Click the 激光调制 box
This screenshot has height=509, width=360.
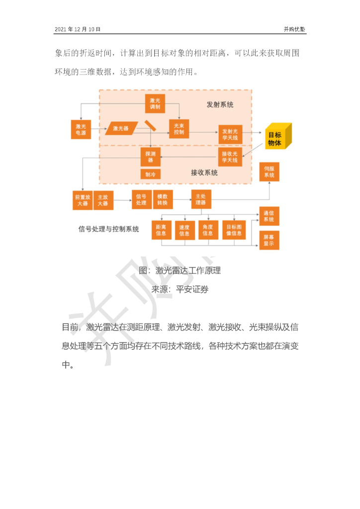(x=155, y=103)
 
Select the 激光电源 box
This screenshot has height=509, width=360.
(x=81, y=129)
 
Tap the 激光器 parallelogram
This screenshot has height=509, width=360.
(x=121, y=128)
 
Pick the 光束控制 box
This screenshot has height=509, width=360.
(x=179, y=129)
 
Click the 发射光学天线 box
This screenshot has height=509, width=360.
(x=230, y=134)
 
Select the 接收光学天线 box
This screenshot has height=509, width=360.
(x=230, y=157)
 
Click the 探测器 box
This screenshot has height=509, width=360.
(x=150, y=157)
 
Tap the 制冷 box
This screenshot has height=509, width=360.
(x=150, y=174)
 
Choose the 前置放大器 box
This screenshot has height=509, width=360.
(x=81, y=200)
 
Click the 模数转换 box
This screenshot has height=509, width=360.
(x=163, y=199)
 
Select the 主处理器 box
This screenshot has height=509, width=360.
(x=200, y=199)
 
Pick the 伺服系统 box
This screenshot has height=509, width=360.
(x=269, y=171)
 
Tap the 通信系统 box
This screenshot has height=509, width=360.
(x=269, y=216)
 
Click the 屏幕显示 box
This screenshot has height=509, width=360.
(x=269, y=240)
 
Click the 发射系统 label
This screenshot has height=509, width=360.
(x=220, y=105)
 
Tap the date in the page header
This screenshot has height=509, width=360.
(x=77, y=29)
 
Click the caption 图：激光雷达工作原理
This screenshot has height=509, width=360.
(x=180, y=271)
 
